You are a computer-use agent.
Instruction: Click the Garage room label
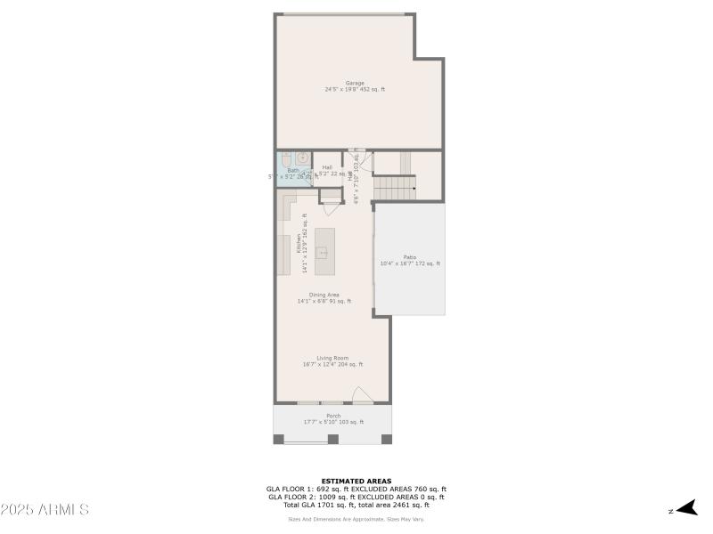pyautogui.click(x=355, y=83)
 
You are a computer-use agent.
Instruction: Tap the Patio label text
pyautogui.click(x=410, y=257)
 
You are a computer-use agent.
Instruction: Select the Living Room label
pyautogui.click(x=332, y=358)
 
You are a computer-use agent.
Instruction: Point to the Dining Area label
pyautogui.click(x=324, y=295)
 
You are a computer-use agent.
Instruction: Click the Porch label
pyautogui.click(x=333, y=416)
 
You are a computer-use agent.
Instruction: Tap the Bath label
pyautogui.click(x=293, y=170)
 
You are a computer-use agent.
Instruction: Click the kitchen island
pyautogui.click(x=324, y=250)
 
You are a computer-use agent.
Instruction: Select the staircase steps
pyautogui.click(x=394, y=188)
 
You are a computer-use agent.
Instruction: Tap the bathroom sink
pyautogui.click(x=303, y=158)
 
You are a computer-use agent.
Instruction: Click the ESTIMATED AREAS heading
pyautogui.click(x=356, y=481)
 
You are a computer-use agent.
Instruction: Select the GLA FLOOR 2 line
pyautogui.click(x=356, y=497)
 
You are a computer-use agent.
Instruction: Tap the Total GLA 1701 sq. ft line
pyautogui.click(x=356, y=505)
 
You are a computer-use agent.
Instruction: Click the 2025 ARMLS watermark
pyautogui.click(x=45, y=510)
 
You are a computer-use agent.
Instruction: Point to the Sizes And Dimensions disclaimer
pyautogui.click(x=356, y=519)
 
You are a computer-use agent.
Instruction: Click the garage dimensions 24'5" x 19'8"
pyautogui.click(x=355, y=89)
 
